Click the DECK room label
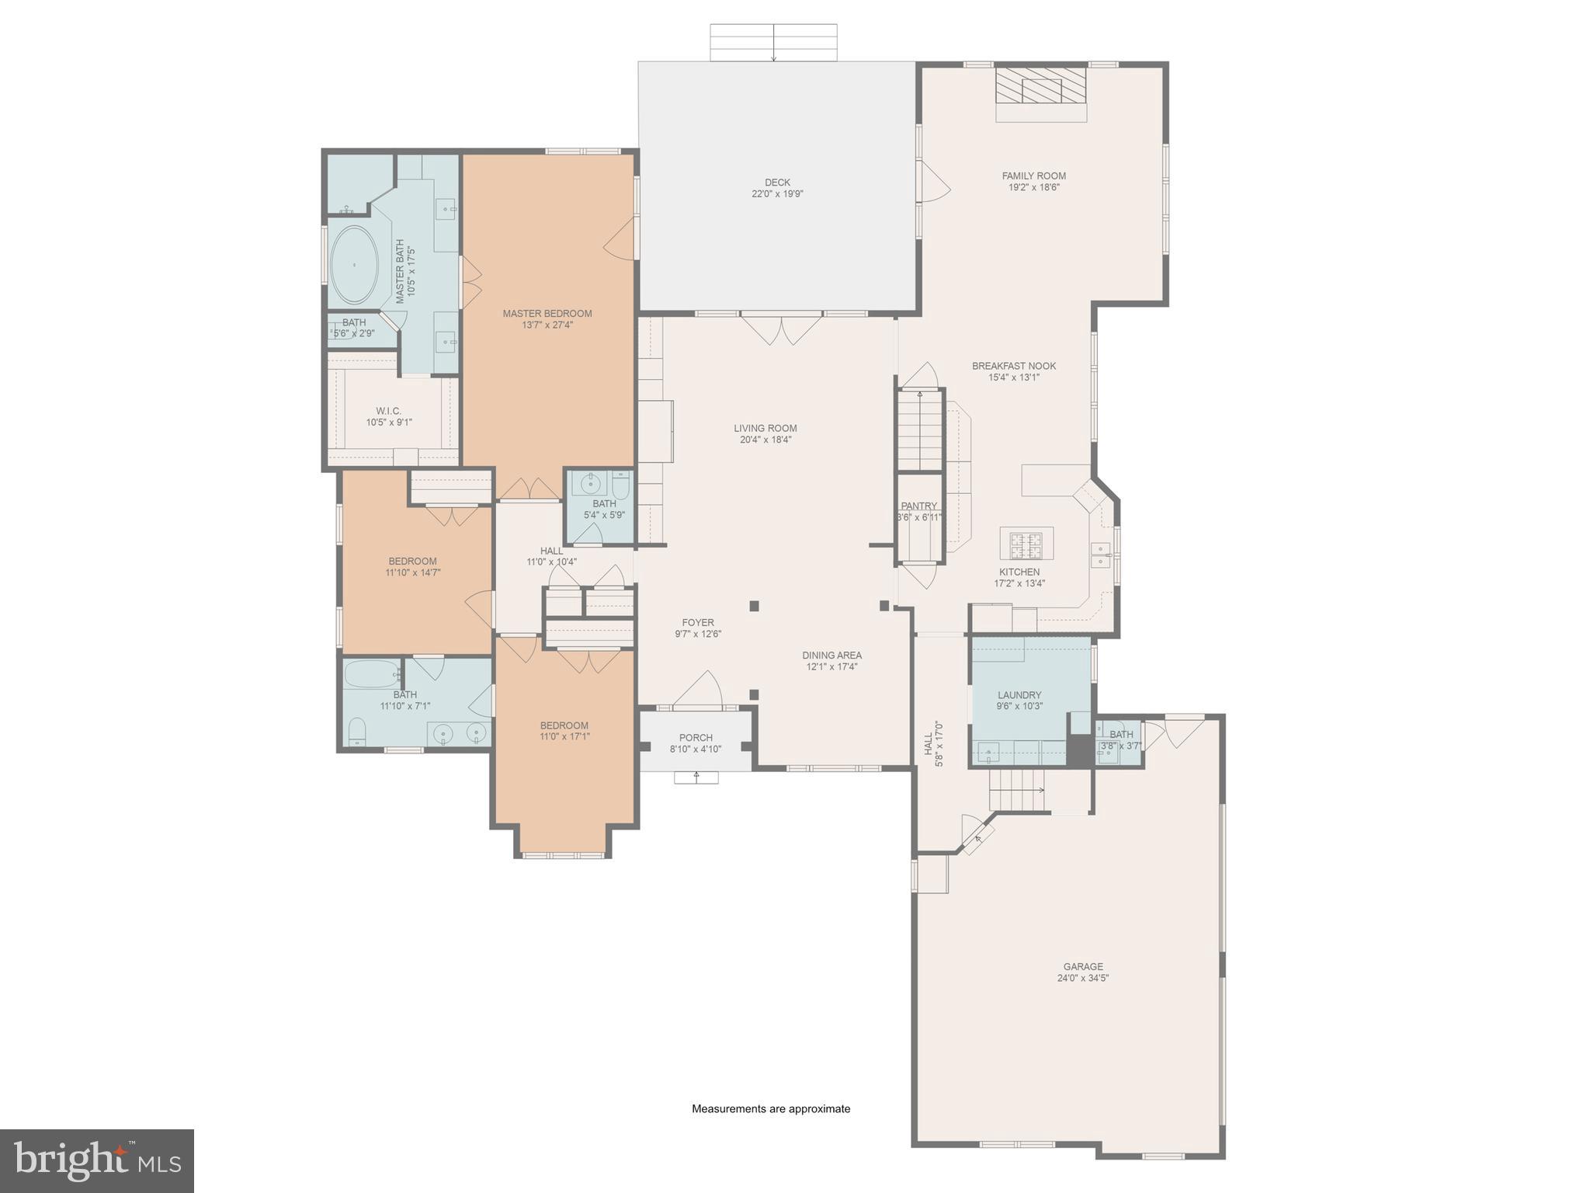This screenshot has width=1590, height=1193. point(777,183)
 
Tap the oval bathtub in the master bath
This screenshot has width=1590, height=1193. point(355,265)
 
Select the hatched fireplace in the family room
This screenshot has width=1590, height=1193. point(1041,85)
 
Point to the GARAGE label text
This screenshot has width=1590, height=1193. point(1083,967)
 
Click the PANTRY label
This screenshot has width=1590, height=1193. point(919,506)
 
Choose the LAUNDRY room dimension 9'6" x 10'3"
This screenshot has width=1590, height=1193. point(1019,707)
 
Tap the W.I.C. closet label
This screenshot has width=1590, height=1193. point(389,411)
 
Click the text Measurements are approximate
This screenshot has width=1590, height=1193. point(771,1109)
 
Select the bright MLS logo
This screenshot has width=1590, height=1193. point(96,1160)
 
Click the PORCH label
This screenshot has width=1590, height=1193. point(696,738)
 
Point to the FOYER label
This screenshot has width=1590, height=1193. point(698,622)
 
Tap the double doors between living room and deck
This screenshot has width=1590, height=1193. point(781,328)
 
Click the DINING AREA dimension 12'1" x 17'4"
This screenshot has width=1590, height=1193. point(831,666)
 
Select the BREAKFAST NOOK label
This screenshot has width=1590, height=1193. point(1014,366)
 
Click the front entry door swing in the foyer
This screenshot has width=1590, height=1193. point(700,690)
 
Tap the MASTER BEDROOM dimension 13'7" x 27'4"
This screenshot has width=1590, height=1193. point(547,325)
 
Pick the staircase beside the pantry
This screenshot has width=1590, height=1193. point(920,432)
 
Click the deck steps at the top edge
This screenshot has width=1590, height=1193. point(773,42)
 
